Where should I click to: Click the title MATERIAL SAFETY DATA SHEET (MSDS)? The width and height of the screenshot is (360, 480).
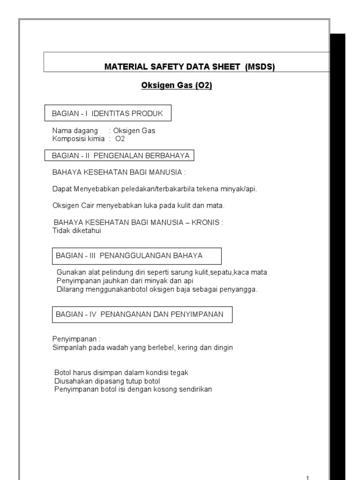(x=189, y=67)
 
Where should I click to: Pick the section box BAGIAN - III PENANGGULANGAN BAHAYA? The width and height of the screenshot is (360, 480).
(x=136, y=256)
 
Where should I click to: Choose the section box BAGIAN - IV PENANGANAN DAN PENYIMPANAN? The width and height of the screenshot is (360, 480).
(x=141, y=315)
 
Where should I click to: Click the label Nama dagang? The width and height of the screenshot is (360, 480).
(x=75, y=131)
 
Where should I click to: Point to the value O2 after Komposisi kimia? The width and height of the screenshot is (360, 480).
(x=120, y=139)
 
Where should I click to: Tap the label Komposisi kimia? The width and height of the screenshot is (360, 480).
(x=78, y=139)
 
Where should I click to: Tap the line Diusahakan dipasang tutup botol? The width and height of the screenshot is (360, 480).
(x=107, y=381)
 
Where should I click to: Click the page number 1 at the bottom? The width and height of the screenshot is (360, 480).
(x=307, y=478)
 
